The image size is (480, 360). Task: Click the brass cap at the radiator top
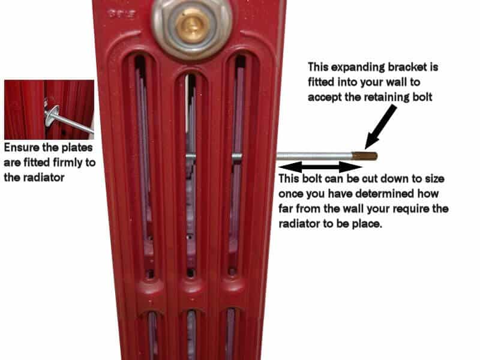coord(192,25)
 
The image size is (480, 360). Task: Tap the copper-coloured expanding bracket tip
coord(365,156)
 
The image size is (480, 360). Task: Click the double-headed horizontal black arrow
coord(320,167)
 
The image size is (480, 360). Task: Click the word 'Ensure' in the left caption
coord(22,148)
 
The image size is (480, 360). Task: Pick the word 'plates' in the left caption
coord(77,148)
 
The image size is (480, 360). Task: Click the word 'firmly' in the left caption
coord(68,163)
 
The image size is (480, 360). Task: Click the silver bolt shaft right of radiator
coord(314,156)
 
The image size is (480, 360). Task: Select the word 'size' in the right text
coord(434,179)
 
